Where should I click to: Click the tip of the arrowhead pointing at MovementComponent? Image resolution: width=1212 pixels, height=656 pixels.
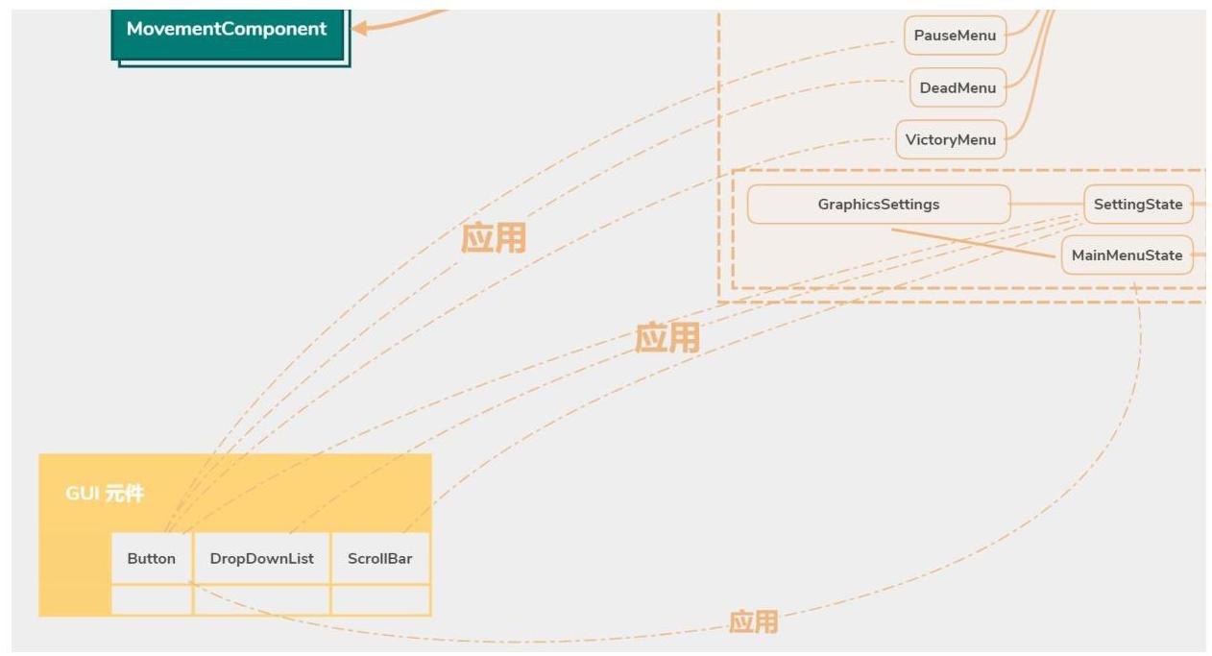(x=352, y=28)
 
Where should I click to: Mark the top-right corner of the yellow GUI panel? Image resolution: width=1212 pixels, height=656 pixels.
(x=431, y=454)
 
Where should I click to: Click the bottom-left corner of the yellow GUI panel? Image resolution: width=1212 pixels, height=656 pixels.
(x=39, y=616)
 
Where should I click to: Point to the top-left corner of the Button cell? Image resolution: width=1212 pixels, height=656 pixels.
(x=111, y=533)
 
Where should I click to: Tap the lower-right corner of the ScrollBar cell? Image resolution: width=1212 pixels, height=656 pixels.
(x=429, y=584)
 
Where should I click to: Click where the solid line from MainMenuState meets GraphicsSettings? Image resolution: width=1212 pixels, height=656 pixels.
(x=891, y=230)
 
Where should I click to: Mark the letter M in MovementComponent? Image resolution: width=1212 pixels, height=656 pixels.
(x=134, y=29)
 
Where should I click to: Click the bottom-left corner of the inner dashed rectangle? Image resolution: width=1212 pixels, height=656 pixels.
(x=733, y=287)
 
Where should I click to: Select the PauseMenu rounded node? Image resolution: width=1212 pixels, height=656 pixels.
(x=955, y=36)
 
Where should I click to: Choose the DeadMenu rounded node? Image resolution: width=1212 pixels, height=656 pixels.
(x=957, y=87)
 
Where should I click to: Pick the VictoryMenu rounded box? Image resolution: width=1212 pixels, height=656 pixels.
(x=951, y=139)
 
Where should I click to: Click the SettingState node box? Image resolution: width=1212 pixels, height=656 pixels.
(x=1138, y=204)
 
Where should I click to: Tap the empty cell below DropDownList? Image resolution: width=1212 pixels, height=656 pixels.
(x=262, y=599)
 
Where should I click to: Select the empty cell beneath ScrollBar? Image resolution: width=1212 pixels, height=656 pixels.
(x=380, y=599)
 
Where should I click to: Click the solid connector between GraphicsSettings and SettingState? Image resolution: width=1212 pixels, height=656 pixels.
(x=1048, y=204)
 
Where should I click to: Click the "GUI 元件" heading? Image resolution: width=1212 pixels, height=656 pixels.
(x=105, y=494)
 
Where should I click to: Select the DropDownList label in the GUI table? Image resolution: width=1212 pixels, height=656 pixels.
(x=262, y=559)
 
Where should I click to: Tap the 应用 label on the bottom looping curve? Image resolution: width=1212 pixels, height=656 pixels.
(x=754, y=621)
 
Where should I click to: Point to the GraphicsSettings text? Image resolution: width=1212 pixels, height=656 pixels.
(x=879, y=205)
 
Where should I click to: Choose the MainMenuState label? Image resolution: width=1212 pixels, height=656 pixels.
(x=1127, y=255)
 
